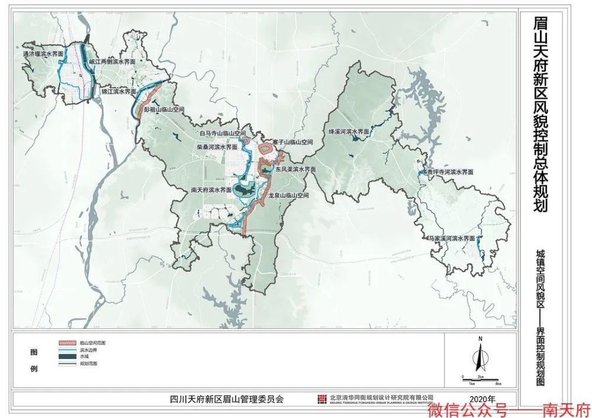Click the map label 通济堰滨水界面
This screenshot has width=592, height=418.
[x=43, y=54]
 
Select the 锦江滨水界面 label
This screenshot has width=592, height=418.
[x=118, y=92]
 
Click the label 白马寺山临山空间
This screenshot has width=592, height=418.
[x=222, y=134]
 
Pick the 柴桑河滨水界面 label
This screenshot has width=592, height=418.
[x=217, y=146]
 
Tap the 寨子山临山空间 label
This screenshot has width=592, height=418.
[x=292, y=142]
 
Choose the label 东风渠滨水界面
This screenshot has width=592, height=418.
[x=295, y=169]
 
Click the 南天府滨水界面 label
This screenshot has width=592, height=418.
[x=211, y=190]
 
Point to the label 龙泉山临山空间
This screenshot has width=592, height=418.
[x=288, y=195]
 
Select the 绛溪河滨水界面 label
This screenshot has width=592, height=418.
[x=349, y=132]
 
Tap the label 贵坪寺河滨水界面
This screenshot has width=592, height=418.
[x=451, y=172]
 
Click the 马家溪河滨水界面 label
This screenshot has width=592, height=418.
[x=453, y=238]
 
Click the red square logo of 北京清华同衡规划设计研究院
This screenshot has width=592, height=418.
[x=322, y=398]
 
